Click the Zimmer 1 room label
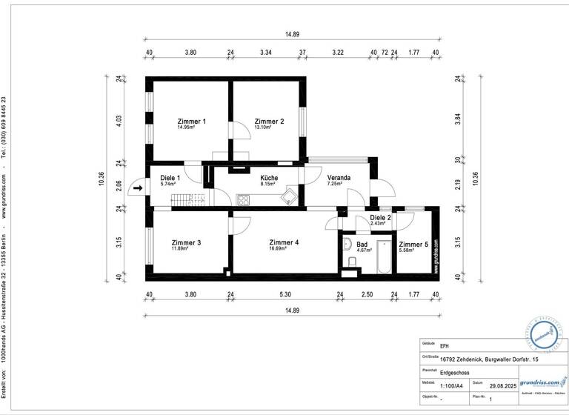pos(191,121)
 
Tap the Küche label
pos(269,178)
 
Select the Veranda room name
pos(339,178)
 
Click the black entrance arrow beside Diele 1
pos(138,190)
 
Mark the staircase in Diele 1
pos(186,199)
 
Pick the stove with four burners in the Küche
pos(244,199)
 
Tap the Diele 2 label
pos(380,217)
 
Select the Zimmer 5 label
pos(413,244)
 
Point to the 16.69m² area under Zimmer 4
pos(284,249)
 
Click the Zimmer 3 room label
pos(185,242)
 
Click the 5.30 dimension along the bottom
pos(284,295)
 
